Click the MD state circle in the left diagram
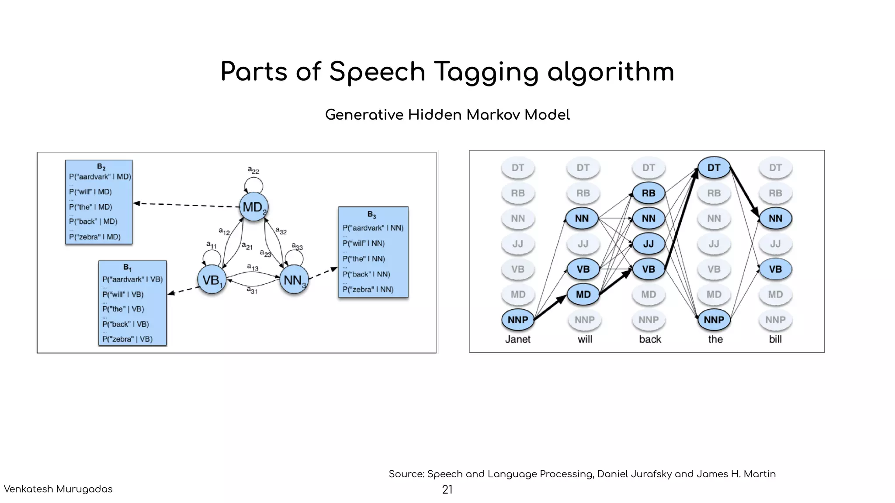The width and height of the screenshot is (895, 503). pos(253,207)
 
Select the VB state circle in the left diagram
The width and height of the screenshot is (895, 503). pos(212,280)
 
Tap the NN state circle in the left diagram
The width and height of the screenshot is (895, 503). pos(294,280)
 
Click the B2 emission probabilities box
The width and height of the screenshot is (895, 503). pos(99,202)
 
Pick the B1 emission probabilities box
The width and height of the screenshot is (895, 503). pos(132,303)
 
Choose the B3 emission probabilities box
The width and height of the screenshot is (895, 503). pos(373,252)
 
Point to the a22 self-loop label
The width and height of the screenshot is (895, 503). pos(253,170)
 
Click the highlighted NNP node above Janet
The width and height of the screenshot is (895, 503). pos(518,320)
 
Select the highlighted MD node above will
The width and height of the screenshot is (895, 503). pos(583,295)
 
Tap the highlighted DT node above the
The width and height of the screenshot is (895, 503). pos(714,168)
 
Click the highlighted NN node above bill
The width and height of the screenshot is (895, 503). pos(775,218)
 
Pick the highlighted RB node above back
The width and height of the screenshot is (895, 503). pos(649,193)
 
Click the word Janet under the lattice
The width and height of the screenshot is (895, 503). pos(518,339)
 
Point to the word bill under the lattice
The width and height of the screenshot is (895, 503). pos(775,339)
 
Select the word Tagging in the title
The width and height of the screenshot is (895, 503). pos(486,72)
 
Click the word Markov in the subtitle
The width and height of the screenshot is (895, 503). pos(493,115)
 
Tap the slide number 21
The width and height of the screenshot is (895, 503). pos(447,490)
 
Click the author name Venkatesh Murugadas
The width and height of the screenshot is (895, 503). pos(58,489)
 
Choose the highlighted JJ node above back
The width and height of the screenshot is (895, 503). pos(649,244)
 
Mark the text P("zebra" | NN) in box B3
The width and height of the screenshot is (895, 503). pos(368,289)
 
